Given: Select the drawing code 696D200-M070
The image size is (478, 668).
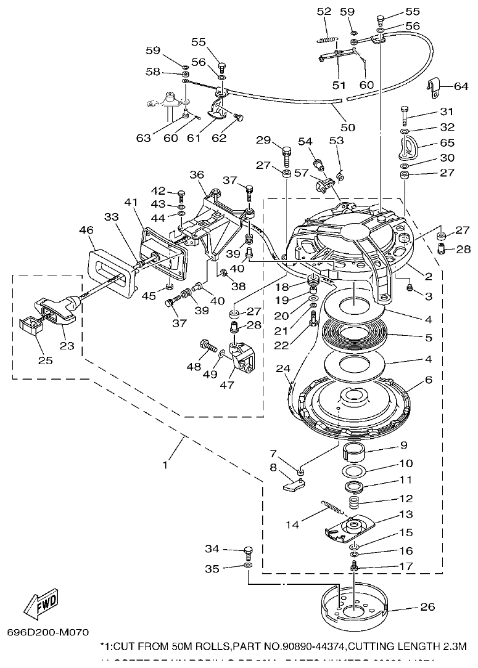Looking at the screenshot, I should point(48,632).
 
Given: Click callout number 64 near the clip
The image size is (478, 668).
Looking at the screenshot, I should point(461,86).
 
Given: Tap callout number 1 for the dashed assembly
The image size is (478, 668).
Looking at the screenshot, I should point(165,465).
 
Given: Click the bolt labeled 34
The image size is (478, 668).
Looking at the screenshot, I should point(249,550).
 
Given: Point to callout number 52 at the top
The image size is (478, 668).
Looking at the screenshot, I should point(323,12).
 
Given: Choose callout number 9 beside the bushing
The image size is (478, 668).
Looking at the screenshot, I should point(403,445).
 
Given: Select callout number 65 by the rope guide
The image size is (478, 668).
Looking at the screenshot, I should point(447,142).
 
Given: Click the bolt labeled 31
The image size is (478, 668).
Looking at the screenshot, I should point(405,113).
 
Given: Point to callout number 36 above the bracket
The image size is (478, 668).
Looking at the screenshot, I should point(197,176).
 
